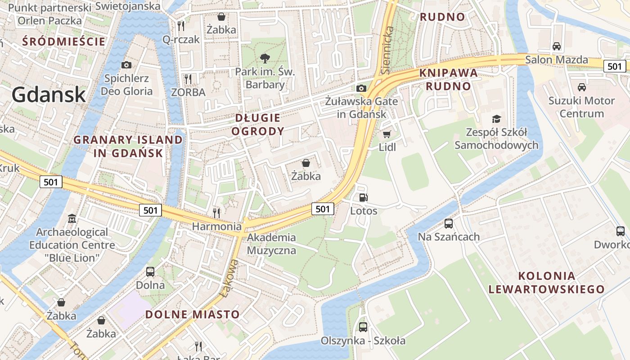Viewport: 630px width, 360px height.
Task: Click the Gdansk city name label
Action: coord(49,94)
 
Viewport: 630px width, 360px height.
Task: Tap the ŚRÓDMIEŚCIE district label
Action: coord(64,42)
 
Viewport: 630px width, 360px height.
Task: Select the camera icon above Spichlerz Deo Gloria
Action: coord(126,65)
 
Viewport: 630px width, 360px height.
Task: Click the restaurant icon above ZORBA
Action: coord(188,79)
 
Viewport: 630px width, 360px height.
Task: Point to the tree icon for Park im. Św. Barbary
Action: coord(265,58)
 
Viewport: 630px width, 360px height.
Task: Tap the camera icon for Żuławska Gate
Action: coord(361,88)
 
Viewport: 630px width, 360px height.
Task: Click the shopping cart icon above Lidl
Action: coord(387,134)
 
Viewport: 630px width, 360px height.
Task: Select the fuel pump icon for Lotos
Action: coord(363,198)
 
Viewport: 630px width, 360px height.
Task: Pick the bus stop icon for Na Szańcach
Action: coord(448,223)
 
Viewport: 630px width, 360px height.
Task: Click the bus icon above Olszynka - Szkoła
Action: coord(363,327)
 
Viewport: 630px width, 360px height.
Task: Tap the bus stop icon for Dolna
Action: coord(150,272)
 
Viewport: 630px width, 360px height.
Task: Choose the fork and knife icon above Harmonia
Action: coord(216,213)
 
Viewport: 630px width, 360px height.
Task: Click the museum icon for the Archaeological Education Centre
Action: coord(72,219)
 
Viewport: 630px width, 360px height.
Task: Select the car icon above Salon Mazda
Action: coord(557,46)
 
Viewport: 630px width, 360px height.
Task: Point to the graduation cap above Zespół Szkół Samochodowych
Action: coord(496,119)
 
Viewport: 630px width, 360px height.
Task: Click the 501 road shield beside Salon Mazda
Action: coord(614,66)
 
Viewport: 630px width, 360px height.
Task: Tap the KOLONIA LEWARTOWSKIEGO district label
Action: coord(546,283)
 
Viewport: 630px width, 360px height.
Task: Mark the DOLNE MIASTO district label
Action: coord(193,314)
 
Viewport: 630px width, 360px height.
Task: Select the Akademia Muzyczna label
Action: coord(272,244)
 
